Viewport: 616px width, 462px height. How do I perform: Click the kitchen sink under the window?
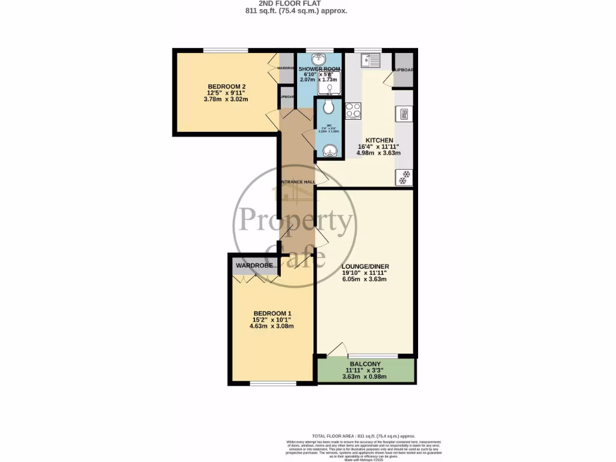(370, 61)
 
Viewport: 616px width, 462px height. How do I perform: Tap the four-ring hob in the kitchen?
(353, 111)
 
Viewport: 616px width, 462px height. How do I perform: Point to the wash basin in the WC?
(328, 150)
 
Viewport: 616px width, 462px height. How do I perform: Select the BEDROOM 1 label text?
(272, 313)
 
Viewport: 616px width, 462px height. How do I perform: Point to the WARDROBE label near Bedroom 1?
(254, 265)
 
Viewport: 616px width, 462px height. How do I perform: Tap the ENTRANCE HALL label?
(297, 182)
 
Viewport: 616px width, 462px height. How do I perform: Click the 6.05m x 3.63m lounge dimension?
(364, 279)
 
